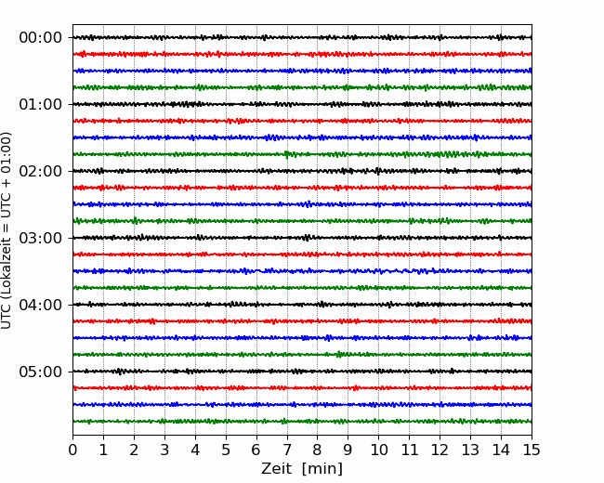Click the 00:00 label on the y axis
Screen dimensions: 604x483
[41, 38]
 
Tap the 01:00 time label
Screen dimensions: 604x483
[41, 104]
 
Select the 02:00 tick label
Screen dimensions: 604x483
[41, 171]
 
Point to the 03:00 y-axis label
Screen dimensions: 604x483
[41, 238]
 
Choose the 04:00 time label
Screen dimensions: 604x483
[41, 305]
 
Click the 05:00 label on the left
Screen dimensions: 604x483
[41, 372]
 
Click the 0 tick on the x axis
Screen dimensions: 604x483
[72, 450]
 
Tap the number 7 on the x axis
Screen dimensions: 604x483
[286, 450]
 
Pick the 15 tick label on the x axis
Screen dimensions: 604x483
[532, 450]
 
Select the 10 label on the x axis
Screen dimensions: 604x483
[378, 450]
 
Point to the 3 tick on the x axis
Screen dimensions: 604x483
[164, 450]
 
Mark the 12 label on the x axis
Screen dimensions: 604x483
[440, 450]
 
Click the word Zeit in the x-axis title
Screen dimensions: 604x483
[277, 469]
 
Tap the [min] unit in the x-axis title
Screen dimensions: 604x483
[322, 469]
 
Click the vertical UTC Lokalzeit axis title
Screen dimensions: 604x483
[7, 230]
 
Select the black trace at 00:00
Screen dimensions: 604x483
[302, 37]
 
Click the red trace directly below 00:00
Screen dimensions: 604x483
[302, 54]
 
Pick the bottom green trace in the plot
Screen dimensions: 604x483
[302, 422]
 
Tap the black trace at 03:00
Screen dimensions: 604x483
[302, 238]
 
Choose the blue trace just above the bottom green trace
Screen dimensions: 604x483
[302, 404]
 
